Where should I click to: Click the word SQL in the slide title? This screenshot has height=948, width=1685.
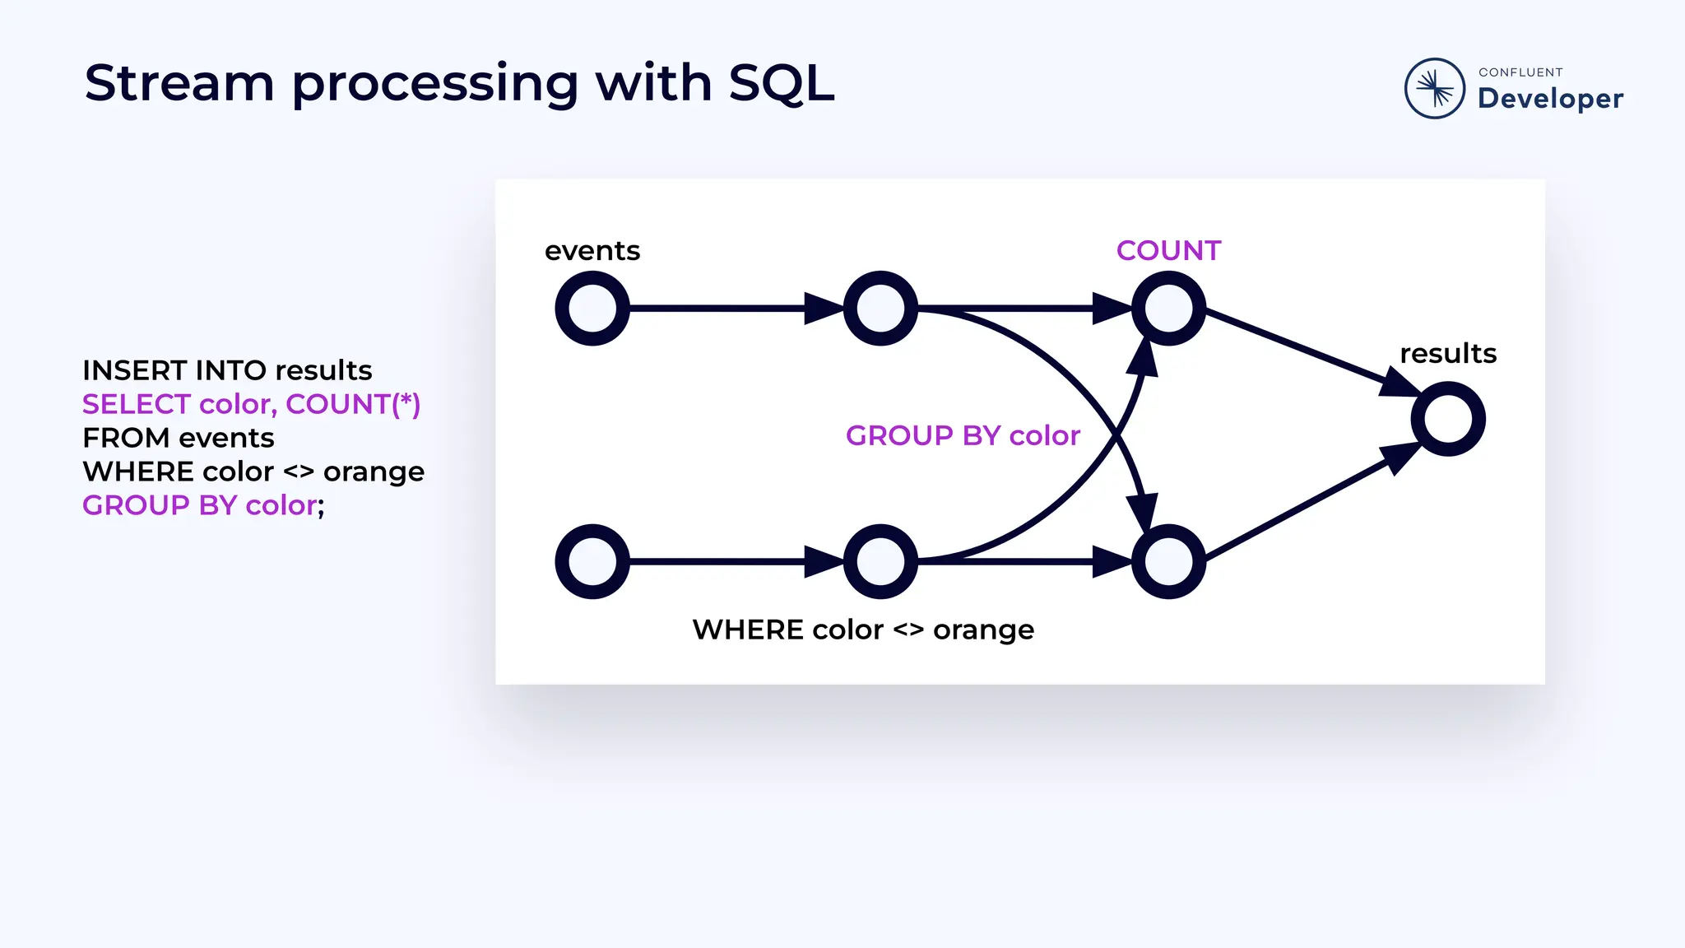click(781, 84)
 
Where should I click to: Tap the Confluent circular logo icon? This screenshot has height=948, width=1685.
click(1434, 88)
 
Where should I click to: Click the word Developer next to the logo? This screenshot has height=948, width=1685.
click(1550, 98)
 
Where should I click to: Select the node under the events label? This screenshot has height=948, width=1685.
click(592, 309)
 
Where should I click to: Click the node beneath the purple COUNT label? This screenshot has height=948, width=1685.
click(1168, 309)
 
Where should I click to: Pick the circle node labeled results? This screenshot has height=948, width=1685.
click(1447, 419)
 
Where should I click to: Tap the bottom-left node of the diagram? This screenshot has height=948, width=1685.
click(592, 561)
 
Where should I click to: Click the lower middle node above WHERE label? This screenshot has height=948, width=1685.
click(880, 561)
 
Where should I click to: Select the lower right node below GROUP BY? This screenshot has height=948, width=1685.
click(1168, 561)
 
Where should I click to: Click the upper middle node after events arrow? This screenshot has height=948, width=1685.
click(880, 309)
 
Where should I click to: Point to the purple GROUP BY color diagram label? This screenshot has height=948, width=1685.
click(963, 435)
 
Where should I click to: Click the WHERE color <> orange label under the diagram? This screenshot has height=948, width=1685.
click(863, 630)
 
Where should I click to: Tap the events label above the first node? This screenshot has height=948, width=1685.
click(592, 250)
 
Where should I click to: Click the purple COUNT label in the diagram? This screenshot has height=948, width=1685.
click(1168, 250)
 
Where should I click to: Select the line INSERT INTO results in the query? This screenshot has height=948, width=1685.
click(227, 370)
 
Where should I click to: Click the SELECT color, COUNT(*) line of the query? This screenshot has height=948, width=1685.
click(251, 404)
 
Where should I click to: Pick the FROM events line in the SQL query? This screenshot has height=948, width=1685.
click(179, 438)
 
